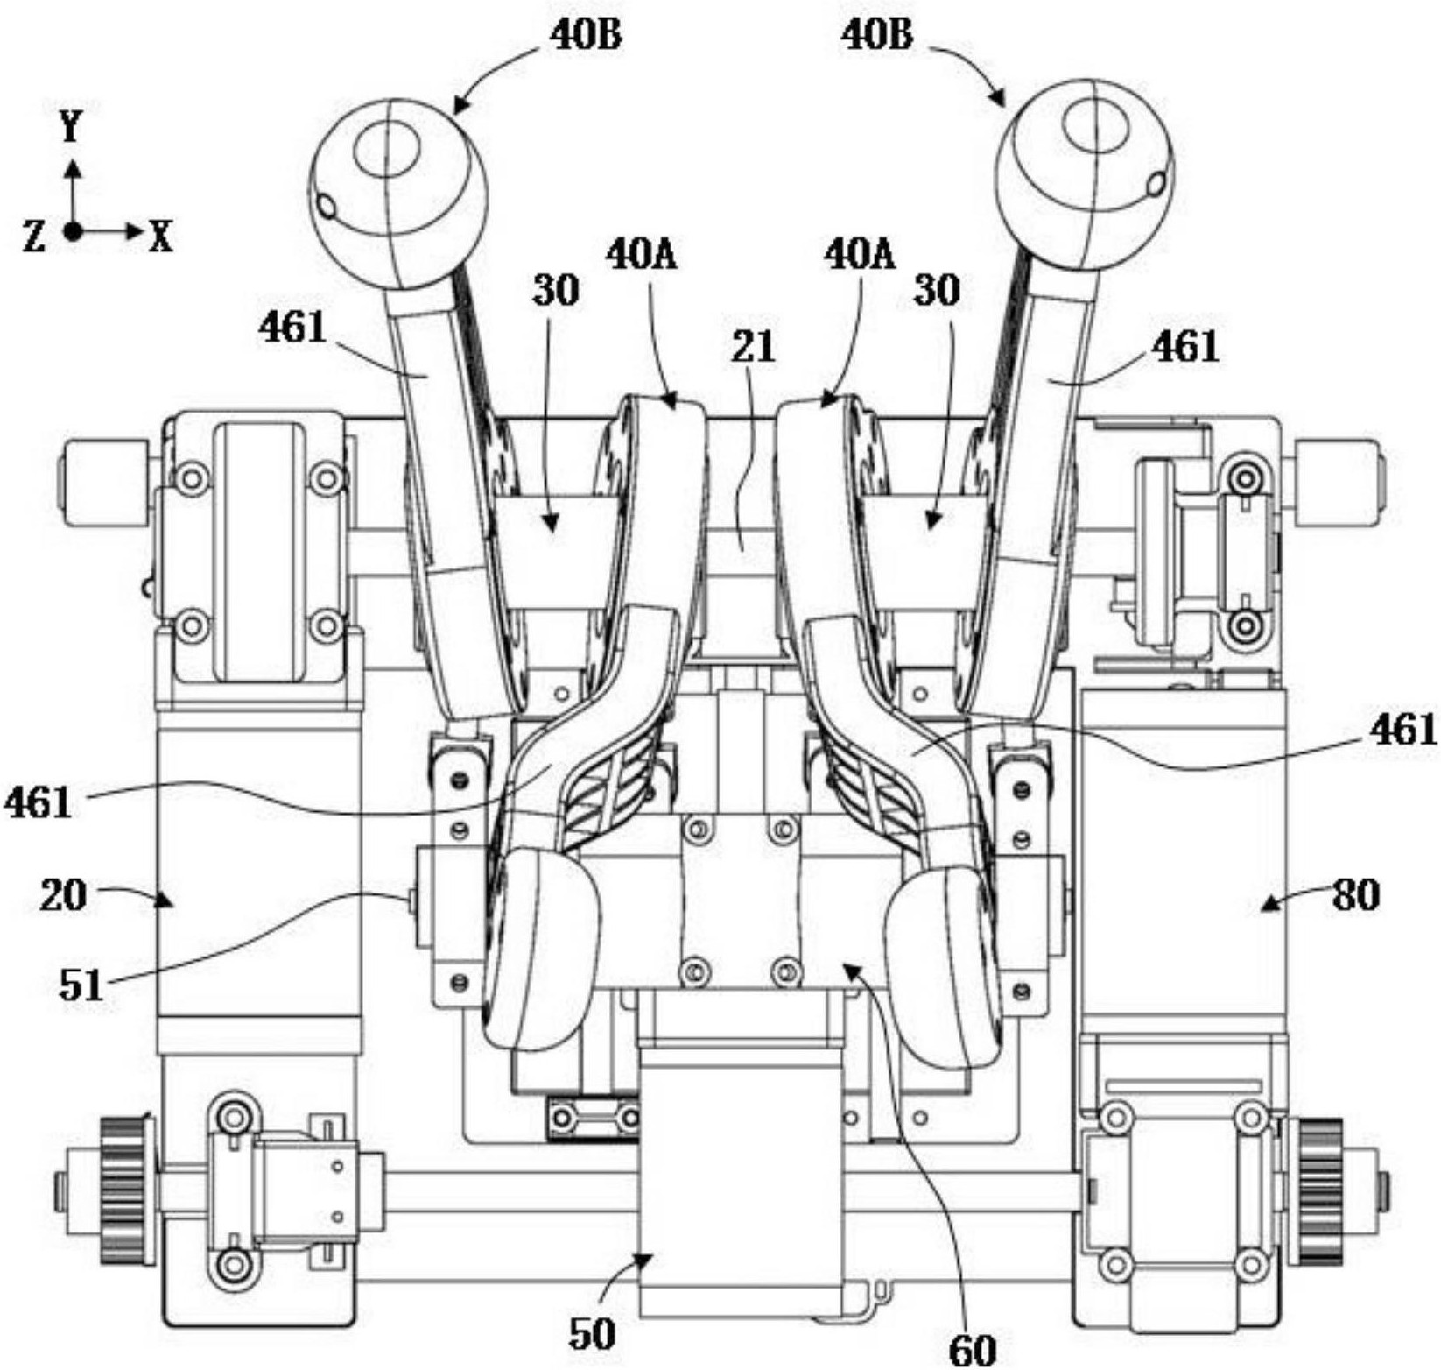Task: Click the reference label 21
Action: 754,347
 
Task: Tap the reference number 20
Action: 63,895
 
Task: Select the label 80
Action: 1355,895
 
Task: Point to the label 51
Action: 81,985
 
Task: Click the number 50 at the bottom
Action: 592,1335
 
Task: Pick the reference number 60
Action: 972,1350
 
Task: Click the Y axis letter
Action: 72,129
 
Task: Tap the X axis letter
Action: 160,237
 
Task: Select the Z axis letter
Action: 35,237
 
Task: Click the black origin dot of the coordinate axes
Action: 74,232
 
